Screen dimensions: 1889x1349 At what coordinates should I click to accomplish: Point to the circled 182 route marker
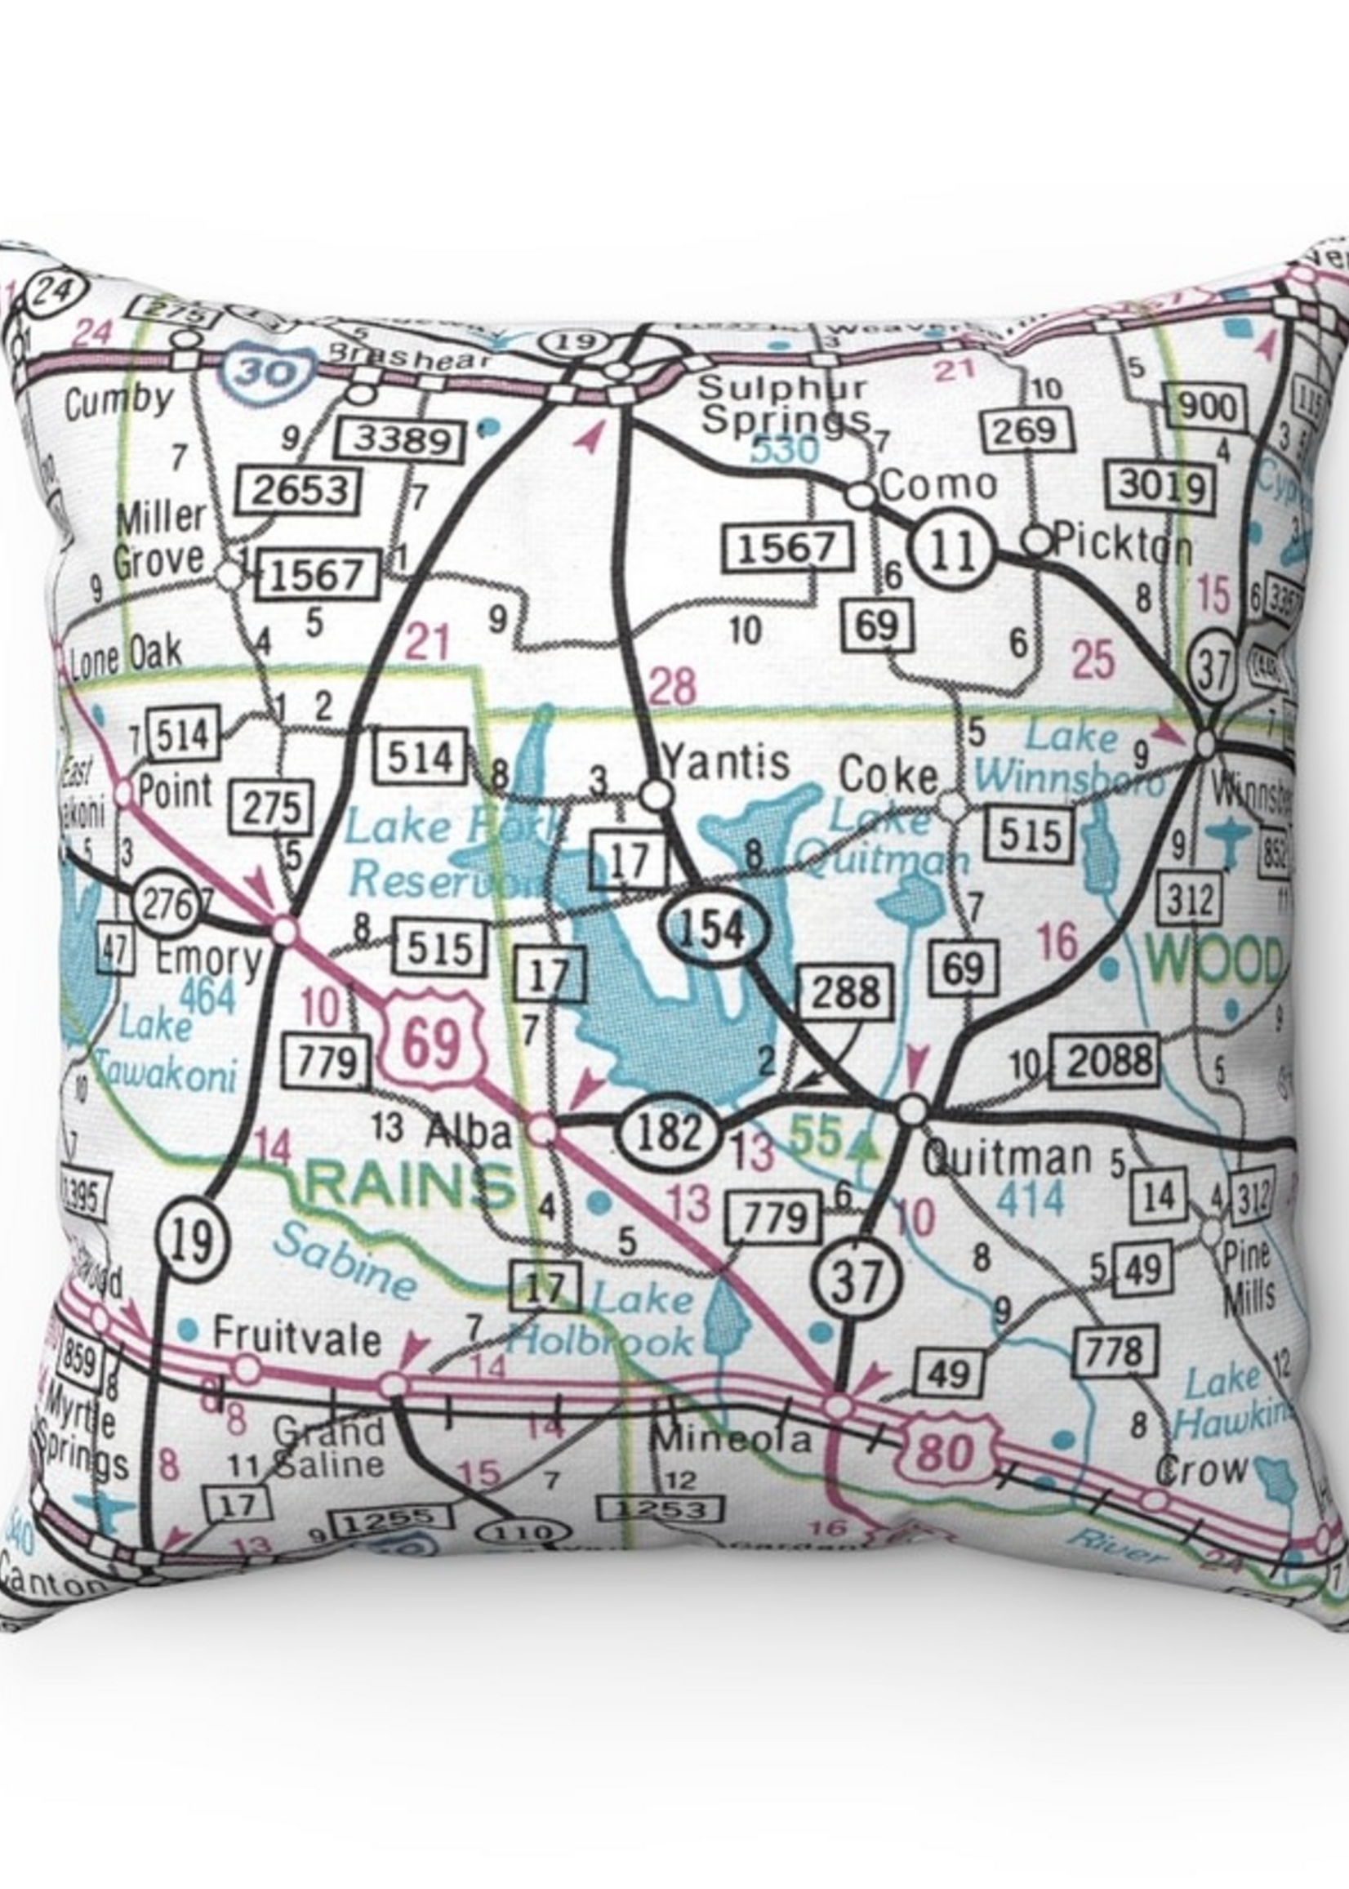tap(668, 1133)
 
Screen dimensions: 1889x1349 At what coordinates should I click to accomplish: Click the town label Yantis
tap(725, 762)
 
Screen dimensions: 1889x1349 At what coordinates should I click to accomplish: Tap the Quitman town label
tap(1007, 1157)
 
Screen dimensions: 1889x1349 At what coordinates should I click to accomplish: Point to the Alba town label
tap(467, 1129)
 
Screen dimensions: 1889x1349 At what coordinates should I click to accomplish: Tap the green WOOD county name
tap(1214, 962)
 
